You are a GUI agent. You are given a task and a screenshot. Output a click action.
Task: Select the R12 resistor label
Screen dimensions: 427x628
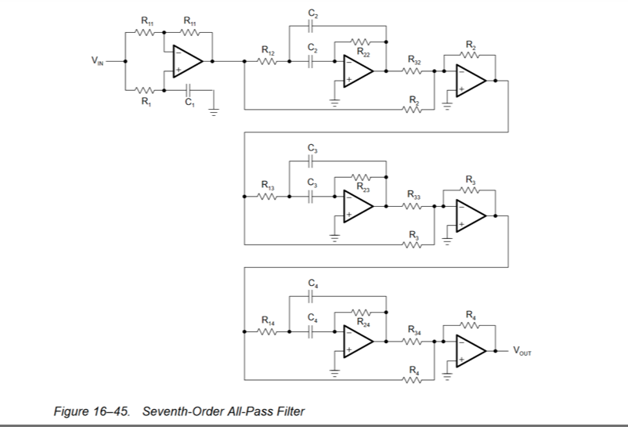268,52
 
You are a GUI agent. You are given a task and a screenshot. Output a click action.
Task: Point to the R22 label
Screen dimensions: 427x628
363,52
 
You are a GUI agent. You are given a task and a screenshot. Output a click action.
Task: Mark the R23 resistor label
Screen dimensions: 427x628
363,186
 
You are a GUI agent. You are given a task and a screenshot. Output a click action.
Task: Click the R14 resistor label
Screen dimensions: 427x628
268,320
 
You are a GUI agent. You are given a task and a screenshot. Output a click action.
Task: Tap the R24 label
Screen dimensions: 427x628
363,320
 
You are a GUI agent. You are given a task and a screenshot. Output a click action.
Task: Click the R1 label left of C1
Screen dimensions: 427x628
144,101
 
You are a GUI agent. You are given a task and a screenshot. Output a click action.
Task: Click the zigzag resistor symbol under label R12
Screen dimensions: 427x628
268,65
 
